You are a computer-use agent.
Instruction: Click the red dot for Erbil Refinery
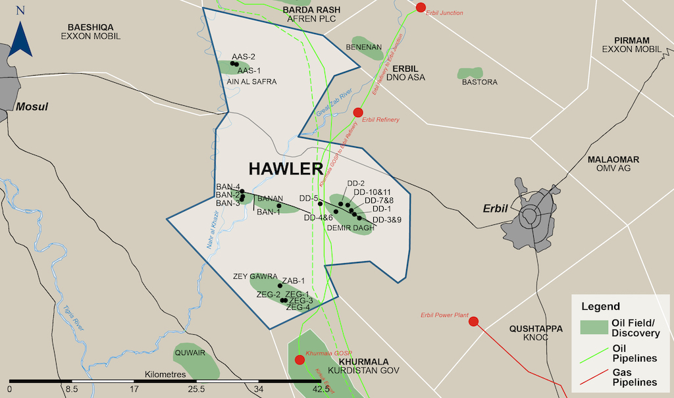pos(358,112)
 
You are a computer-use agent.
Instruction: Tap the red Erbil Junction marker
pos(421,8)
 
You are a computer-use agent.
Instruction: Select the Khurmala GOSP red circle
pos(300,359)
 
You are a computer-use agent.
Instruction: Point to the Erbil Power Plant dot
pos(473,322)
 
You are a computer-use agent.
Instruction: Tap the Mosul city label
pos(32,107)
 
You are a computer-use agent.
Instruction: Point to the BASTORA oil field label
pos(479,82)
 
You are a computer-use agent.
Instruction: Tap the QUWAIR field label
pos(190,353)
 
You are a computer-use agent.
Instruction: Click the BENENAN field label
pos(364,47)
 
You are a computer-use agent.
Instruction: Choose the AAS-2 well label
pos(244,57)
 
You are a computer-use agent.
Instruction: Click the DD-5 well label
pos(309,198)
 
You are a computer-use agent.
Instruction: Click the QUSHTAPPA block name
pos(536,328)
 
